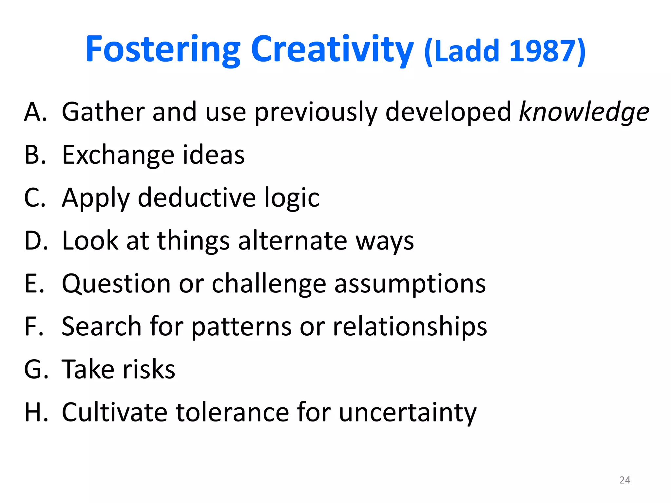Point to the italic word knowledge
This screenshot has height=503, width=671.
click(x=584, y=112)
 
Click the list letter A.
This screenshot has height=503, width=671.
click(x=35, y=112)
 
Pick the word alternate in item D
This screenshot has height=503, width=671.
click(x=292, y=241)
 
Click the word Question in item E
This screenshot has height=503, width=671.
click(x=116, y=284)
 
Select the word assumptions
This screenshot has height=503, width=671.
click(x=410, y=284)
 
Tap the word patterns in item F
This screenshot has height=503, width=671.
click(x=241, y=327)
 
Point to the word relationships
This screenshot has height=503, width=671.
click(x=410, y=327)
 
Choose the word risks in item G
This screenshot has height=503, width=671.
click(x=149, y=369)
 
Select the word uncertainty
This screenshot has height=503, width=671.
click(x=407, y=412)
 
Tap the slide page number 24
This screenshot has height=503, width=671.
click(x=625, y=480)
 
